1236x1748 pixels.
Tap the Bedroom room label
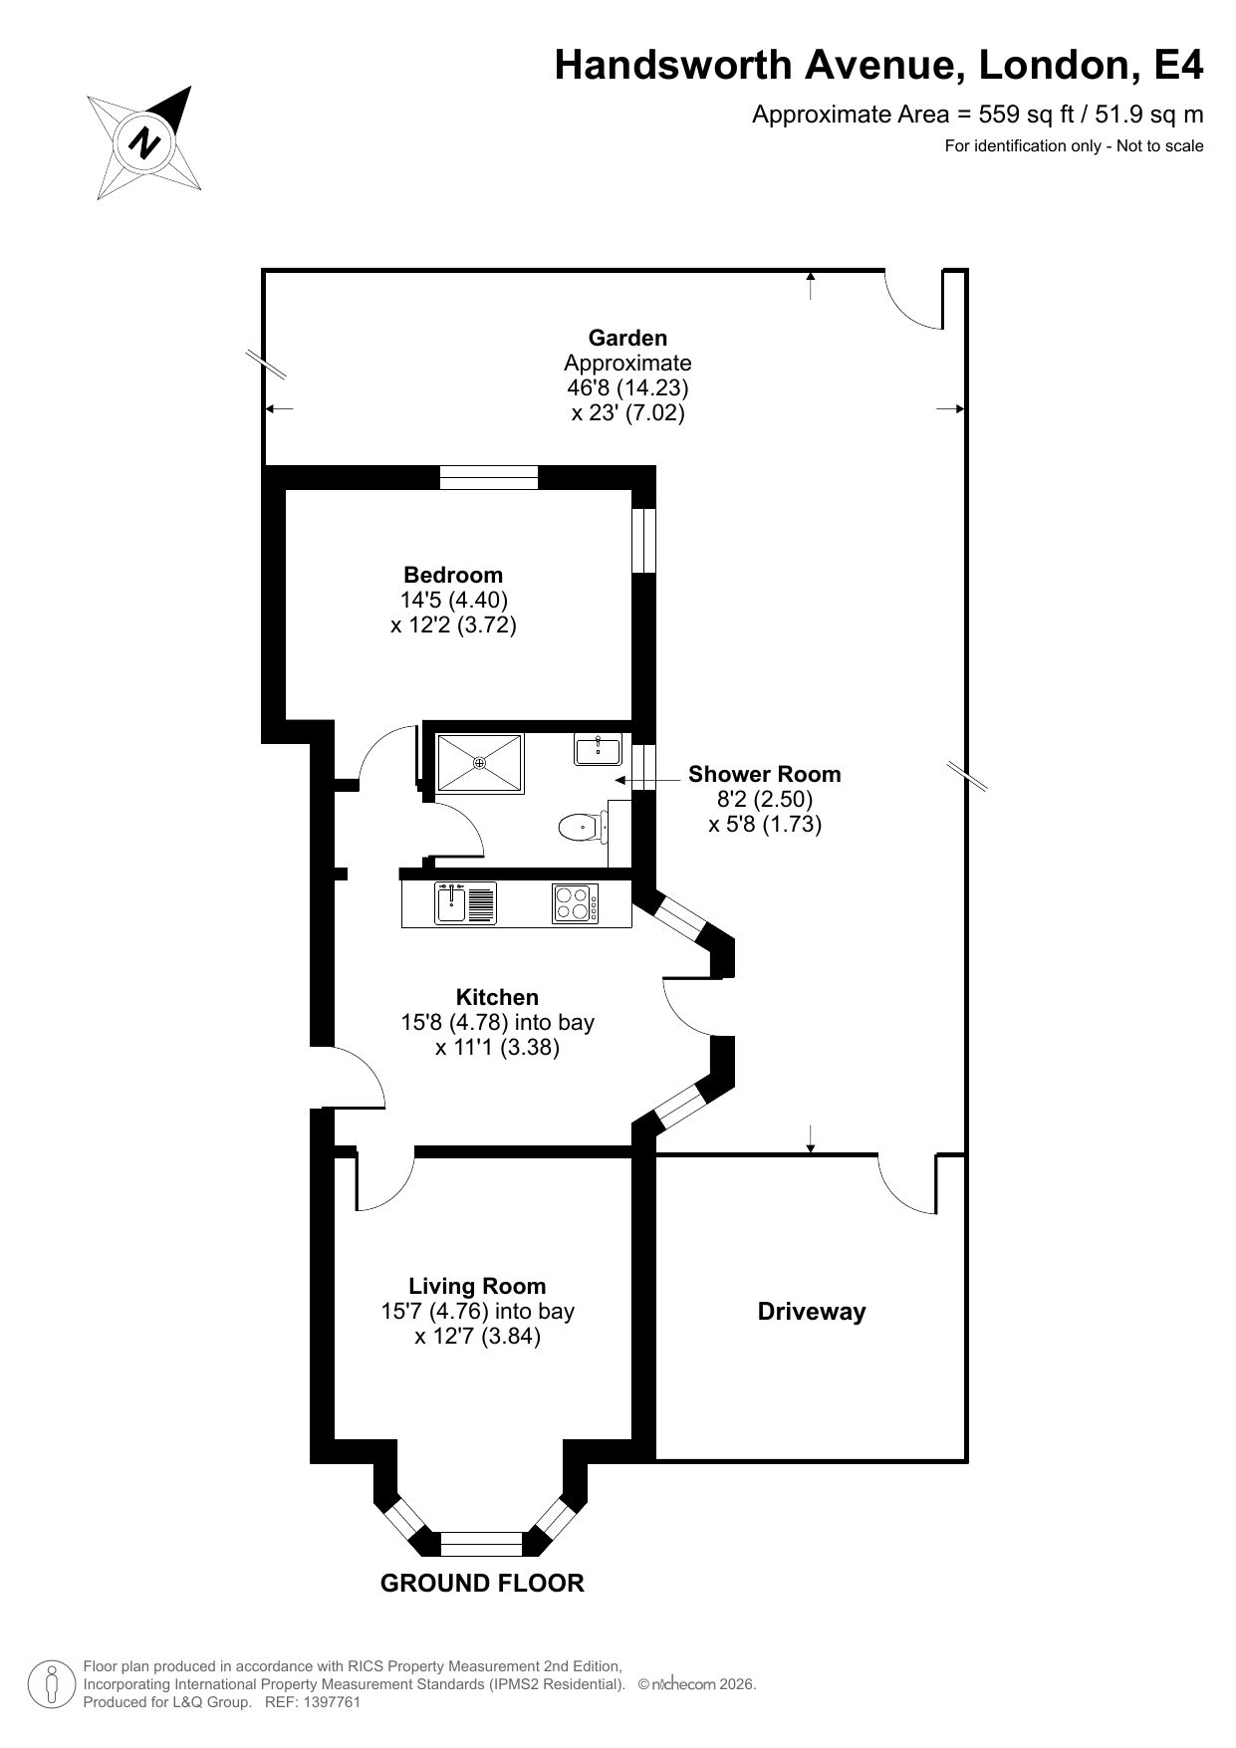point(453,575)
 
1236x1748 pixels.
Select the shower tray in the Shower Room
point(480,763)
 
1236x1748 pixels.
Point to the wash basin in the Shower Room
point(598,748)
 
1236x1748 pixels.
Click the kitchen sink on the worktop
point(465,903)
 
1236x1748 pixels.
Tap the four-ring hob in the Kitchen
point(576,903)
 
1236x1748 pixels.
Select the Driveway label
point(812,1312)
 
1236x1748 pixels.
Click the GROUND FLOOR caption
point(482,1583)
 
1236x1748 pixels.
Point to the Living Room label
point(477,1286)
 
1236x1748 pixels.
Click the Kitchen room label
point(497,997)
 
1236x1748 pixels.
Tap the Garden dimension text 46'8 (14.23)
point(627,387)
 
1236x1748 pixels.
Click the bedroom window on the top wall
point(489,478)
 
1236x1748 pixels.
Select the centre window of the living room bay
point(481,1544)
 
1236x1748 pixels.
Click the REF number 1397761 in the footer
point(330,1702)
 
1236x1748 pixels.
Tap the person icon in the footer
point(52,1684)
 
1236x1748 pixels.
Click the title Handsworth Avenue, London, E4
point(878,65)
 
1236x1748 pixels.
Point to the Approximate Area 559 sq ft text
point(977,115)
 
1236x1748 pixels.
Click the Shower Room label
point(764,774)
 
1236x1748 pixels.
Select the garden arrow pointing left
point(279,408)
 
